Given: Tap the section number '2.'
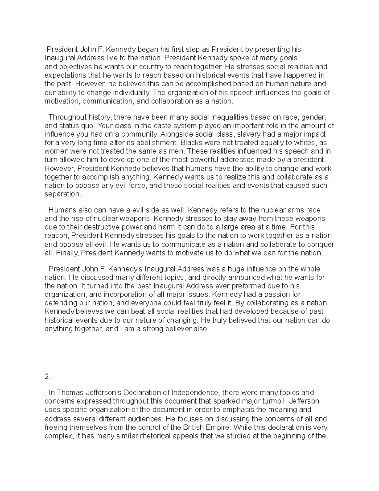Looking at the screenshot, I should [x=47, y=377].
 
